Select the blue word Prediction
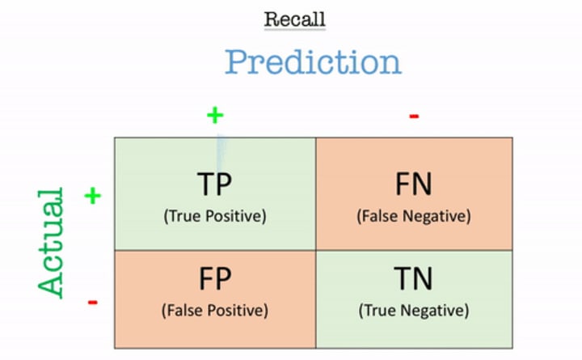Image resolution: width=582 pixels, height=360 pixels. [x=312, y=62]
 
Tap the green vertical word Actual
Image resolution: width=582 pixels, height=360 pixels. [x=51, y=244]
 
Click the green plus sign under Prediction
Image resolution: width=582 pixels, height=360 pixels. [x=214, y=115]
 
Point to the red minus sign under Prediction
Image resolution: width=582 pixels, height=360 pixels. [x=414, y=116]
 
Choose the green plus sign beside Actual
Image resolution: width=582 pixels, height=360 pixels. [x=93, y=195]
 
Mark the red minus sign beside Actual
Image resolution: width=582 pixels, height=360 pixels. [x=93, y=303]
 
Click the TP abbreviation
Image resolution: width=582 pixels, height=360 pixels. [x=214, y=185]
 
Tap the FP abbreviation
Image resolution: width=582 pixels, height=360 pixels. [x=214, y=279]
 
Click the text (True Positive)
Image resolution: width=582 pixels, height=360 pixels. [x=214, y=216]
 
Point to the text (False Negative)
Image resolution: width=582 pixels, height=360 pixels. [x=412, y=216]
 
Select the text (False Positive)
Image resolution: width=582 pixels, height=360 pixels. [x=214, y=309]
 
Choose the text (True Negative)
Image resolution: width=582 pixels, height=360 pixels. [x=412, y=309]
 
